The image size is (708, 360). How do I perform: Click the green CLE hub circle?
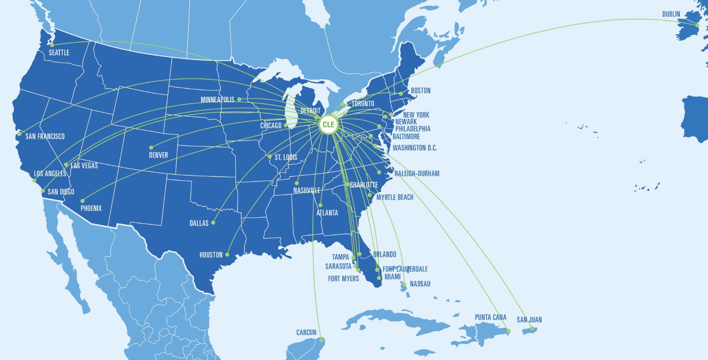tap(328, 125)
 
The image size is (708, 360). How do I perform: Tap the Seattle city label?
tap(59, 53)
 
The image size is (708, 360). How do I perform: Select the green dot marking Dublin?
tap(697, 25)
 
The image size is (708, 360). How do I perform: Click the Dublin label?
tap(671, 14)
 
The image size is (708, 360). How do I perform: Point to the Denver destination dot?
tap(151, 148)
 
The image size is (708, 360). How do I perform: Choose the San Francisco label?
tap(45, 136)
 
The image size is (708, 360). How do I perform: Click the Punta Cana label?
tap(491, 317)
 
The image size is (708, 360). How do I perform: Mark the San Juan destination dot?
tap(532, 328)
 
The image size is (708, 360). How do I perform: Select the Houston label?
tap(211, 255)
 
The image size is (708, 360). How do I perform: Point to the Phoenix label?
tap(91, 208)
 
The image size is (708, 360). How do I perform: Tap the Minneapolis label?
tap(217, 100)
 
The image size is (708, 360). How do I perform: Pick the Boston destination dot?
tap(401, 94)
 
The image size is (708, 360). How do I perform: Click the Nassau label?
tap(420, 284)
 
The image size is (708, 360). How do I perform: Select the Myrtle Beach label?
tap(395, 197)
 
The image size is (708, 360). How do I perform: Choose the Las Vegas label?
tap(84, 166)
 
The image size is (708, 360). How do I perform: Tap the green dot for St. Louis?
tap(270, 156)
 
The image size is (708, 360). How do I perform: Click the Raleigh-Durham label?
tap(416, 174)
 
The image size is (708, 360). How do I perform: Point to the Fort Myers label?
tap(343, 279)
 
